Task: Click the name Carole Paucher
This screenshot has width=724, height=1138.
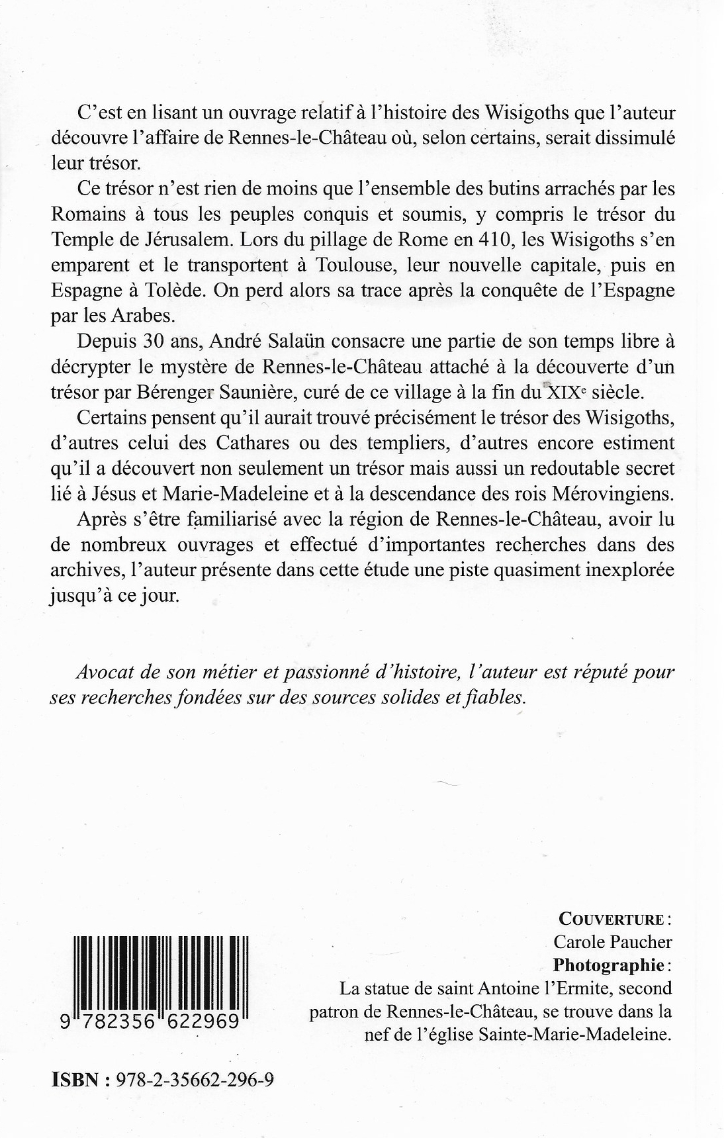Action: (612, 941)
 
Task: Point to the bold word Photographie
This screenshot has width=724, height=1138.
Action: (608, 965)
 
